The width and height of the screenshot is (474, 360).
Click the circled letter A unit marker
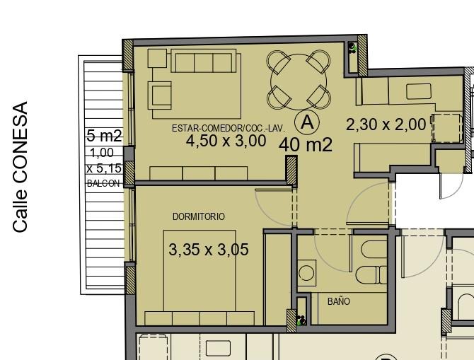pos(307,122)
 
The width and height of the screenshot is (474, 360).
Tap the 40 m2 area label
pos(306,145)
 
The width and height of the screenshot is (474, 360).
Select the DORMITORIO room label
pos(199,216)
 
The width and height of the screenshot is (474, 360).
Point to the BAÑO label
pos(339,301)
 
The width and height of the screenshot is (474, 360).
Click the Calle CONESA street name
pos(21,167)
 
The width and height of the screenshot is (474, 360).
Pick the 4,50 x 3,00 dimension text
pos(226,141)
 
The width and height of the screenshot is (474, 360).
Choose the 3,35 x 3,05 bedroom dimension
pos(209,250)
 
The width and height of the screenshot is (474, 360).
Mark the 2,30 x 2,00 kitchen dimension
pos(386,124)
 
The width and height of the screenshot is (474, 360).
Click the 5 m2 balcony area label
pos(104,136)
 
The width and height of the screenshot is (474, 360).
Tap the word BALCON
pos(103,183)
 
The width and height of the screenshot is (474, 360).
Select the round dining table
pos(299,81)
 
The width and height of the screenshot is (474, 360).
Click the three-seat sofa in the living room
pos(204,61)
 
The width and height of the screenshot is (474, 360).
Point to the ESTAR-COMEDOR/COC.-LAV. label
pos(229,128)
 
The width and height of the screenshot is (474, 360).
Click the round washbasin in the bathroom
pos(306,273)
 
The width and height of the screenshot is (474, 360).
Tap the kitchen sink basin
pos(419,91)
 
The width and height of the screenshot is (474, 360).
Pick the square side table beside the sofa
pos(157,58)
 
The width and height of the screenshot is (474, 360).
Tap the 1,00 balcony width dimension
pos(102,153)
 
